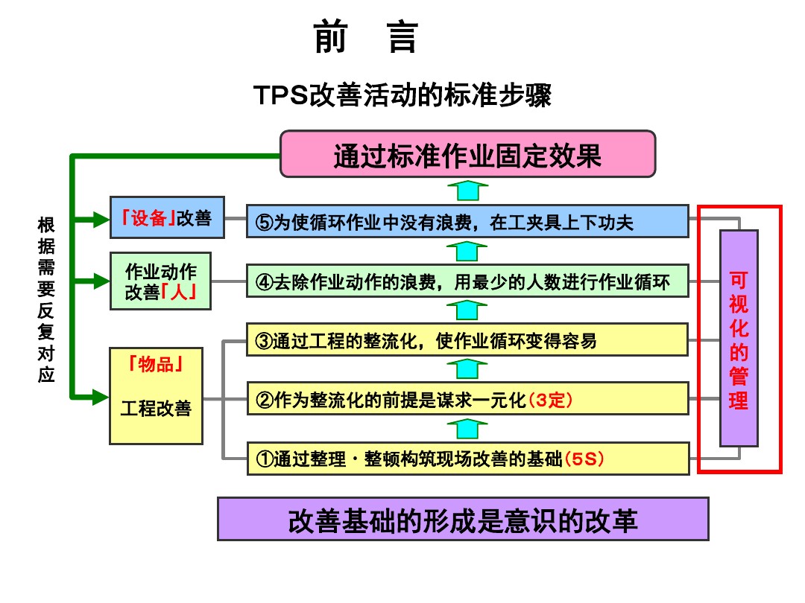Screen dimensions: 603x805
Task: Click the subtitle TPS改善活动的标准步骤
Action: [402, 96]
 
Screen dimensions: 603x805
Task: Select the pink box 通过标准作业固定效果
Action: [467, 154]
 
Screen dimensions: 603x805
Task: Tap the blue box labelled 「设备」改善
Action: [167, 217]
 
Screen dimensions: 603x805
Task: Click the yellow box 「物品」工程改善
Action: [156, 395]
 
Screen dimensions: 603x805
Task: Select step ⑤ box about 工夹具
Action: [467, 221]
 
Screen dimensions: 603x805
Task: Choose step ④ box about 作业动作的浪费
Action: [467, 282]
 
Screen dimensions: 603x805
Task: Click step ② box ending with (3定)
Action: [467, 399]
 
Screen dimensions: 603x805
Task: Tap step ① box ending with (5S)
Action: [467, 458]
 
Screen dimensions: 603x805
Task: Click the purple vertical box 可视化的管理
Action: [739, 338]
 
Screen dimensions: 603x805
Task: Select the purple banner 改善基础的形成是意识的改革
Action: [463, 519]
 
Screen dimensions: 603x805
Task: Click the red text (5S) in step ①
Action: [584, 459]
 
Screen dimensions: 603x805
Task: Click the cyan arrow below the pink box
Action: [467, 190]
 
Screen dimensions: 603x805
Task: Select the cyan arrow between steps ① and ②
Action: [467, 427]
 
